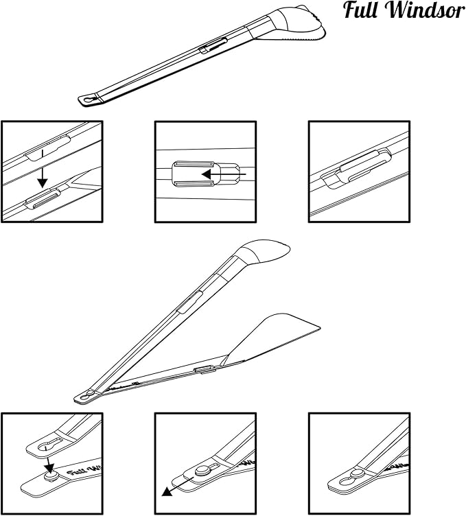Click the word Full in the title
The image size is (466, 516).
point(361,10)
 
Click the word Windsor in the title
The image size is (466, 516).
point(426,10)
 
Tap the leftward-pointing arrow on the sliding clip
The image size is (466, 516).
point(224,174)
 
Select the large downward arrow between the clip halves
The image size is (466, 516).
point(43,169)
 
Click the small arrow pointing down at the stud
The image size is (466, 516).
point(49,463)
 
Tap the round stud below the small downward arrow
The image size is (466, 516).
point(50,476)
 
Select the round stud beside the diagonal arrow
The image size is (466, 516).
point(202,471)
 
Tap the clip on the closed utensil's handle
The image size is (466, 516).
point(213,45)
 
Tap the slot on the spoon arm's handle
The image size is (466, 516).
point(189,302)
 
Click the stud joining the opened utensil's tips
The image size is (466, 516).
point(90,392)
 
